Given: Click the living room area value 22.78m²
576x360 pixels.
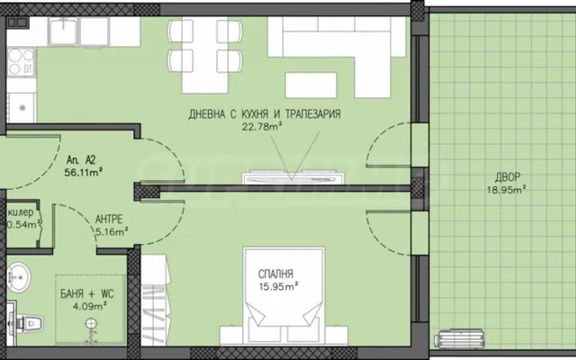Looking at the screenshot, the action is (262, 127).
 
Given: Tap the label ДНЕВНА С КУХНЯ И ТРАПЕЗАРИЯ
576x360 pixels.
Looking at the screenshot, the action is (265, 114).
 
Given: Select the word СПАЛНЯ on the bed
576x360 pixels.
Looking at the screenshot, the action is (275, 274).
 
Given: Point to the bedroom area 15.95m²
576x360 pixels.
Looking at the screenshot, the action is (278, 286).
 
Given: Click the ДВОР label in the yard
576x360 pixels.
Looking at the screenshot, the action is (508, 178).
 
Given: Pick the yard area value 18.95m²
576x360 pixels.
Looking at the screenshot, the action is (507, 190).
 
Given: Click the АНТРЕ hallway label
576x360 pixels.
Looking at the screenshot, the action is (109, 220).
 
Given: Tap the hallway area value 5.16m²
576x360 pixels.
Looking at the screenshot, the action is (112, 232).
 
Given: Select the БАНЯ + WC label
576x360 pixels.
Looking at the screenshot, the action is (87, 294).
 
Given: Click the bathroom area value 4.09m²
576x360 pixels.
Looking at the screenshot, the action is (90, 306).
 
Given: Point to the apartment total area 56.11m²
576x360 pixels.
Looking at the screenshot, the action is (83, 172).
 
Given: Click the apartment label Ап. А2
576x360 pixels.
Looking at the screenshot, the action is (81, 160).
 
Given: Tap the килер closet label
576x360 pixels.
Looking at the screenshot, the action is (21, 212).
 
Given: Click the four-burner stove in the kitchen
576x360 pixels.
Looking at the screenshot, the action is (22, 62).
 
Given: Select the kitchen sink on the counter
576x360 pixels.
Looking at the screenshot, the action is (63, 31).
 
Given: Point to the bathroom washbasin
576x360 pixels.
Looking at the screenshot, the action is (18, 277).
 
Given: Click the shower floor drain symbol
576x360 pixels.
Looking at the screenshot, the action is (91, 324).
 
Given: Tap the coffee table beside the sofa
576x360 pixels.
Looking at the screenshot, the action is (311, 85).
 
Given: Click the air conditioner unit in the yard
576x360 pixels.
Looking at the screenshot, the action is (460, 338).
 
